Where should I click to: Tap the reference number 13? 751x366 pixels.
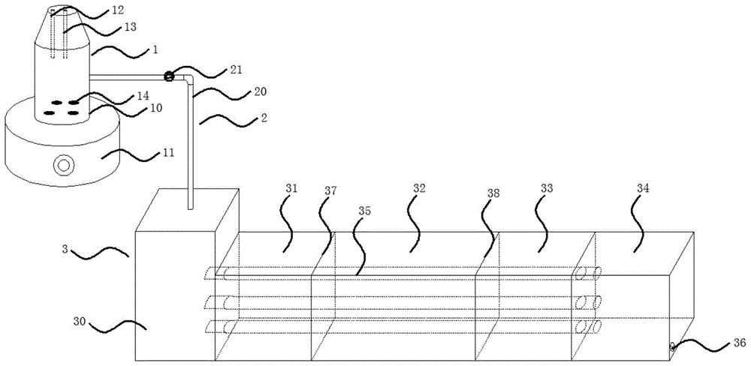pos(130,27)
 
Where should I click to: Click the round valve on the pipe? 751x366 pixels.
pos(168,76)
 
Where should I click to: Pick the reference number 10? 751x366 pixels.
pos(155,108)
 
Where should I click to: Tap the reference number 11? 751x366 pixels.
pos(167,154)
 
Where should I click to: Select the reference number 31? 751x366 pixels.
pos(291,188)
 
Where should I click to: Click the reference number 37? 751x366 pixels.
pos(330,191)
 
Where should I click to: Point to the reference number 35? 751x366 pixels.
pos(364,210)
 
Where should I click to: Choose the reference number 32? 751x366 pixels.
pos(419,188)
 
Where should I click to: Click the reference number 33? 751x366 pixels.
pos(547,188)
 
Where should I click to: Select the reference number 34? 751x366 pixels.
pos(644,188)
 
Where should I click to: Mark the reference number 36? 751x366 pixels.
pos(740,343)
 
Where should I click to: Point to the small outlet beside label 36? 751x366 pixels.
pos(672,346)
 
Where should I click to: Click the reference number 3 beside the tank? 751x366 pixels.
pos(64,249)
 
